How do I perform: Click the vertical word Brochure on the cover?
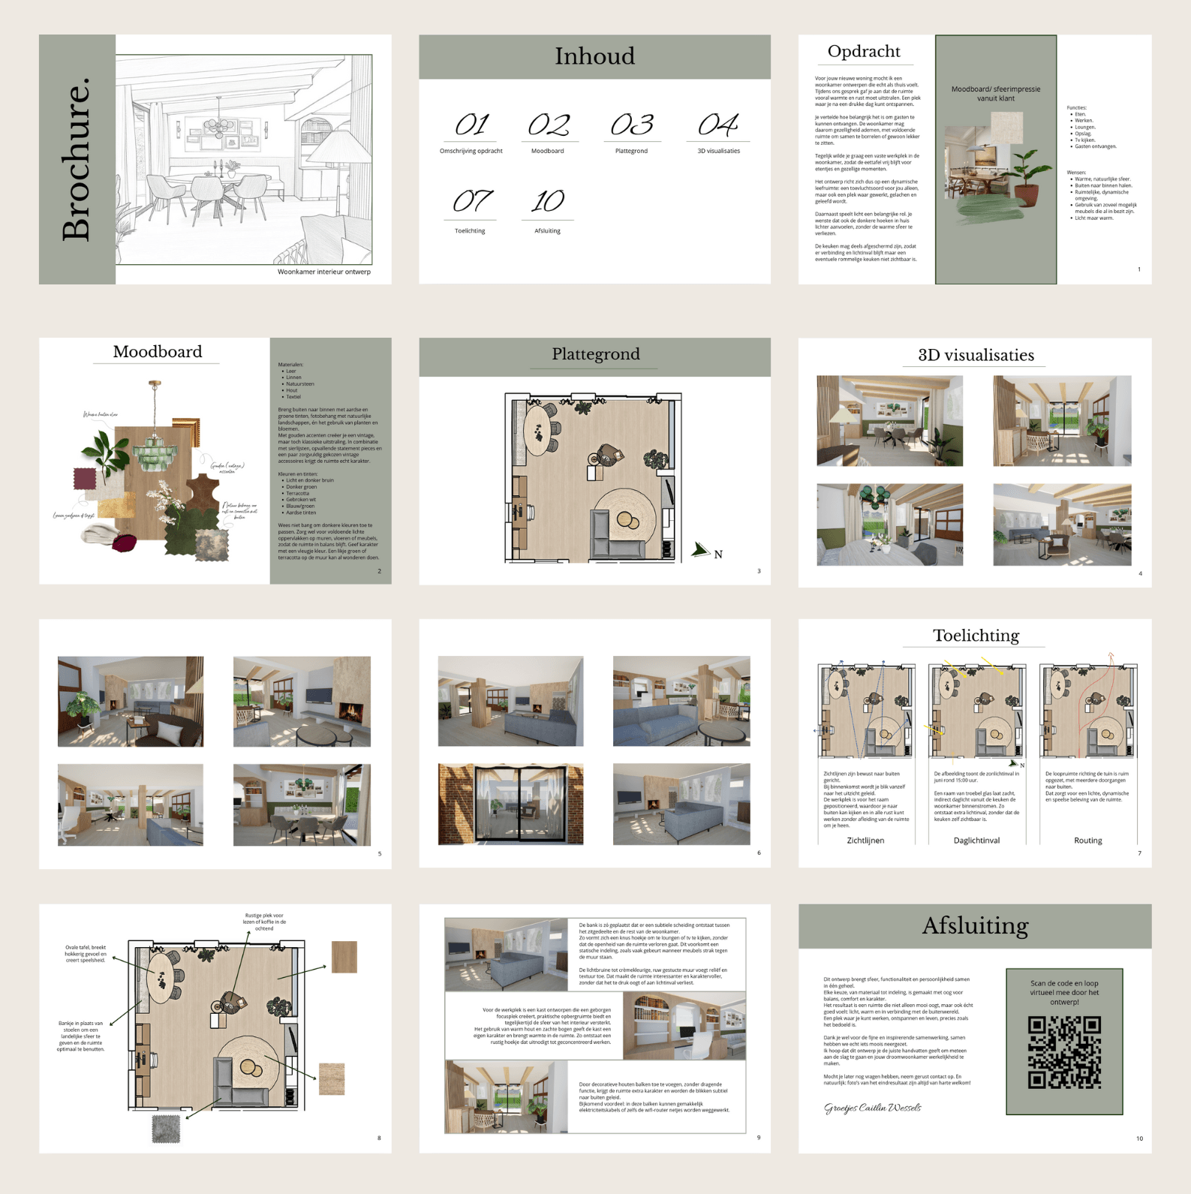point(77,159)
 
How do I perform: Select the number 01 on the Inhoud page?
point(472,124)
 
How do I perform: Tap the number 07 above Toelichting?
point(472,201)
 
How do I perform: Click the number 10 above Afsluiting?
point(548,201)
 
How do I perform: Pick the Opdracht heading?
point(864,51)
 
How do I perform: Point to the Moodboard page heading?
point(158,351)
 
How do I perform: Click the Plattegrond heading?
point(596,354)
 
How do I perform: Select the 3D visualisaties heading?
point(976,355)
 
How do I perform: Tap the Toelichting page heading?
point(976,636)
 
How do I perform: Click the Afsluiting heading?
point(976,926)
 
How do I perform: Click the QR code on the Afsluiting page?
point(1064,1052)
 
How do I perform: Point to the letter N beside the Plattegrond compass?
point(718,555)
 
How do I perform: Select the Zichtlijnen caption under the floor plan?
point(865,841)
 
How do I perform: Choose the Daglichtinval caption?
point(976,841)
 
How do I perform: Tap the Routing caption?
point(1087,841)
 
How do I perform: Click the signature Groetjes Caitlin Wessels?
point(872,1108)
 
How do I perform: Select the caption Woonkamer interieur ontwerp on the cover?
point(324,272)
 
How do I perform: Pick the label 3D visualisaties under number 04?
point(718,151)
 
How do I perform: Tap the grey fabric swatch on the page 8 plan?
point(167,1129)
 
